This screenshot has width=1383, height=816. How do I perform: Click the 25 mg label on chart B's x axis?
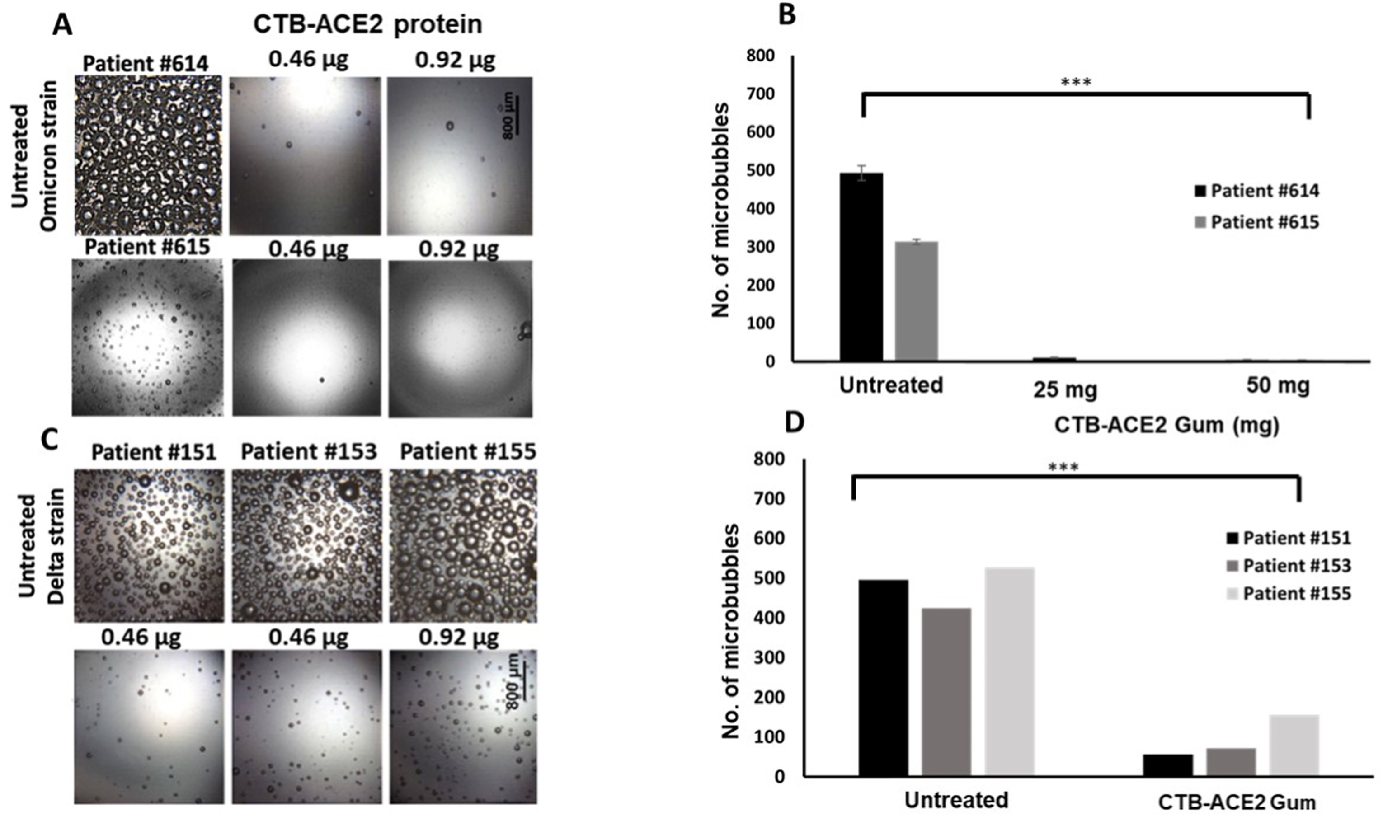pos(1065,389)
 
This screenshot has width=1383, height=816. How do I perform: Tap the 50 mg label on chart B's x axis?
pos(1277,385)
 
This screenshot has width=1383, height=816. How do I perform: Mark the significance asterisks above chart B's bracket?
pos(1076,83)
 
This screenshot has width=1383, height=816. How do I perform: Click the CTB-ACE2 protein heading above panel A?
pos(367,25)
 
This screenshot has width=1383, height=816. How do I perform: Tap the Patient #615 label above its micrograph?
pos(147,247)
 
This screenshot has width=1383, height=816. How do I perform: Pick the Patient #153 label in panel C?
pos(309,451)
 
